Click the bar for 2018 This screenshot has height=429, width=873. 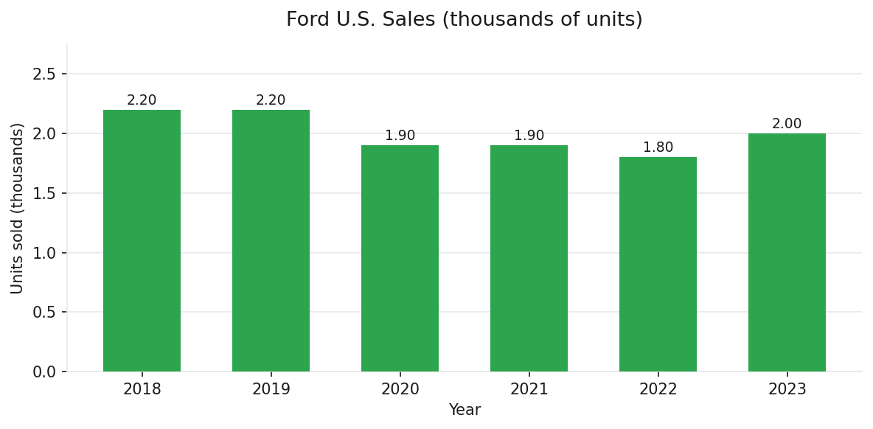coord(142,241)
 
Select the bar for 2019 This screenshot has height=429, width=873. coord(271,241)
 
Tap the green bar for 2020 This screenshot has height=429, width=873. coord(400,259)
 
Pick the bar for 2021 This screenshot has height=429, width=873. coord(529,259)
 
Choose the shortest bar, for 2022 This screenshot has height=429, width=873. coord(658,265)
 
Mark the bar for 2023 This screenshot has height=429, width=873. coord(787,253)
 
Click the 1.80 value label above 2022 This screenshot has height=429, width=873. coord(658,147)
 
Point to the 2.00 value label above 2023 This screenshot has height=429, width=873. coord(787,124)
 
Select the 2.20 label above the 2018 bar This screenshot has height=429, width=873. coord(142,100)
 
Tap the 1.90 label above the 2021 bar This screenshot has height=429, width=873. coord(529,136)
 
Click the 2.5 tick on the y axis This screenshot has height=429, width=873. coord(44,74)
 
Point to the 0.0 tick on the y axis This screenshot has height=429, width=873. coord(44,372)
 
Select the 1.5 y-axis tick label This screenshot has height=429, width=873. coord(44,194)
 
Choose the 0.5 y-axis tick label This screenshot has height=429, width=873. coord(44,313)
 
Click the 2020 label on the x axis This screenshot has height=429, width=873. coord(400,389)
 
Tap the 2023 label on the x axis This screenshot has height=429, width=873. coord(787,389)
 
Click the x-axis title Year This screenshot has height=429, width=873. coord(465,411)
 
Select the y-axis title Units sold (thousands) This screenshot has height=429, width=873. coord(18,208)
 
